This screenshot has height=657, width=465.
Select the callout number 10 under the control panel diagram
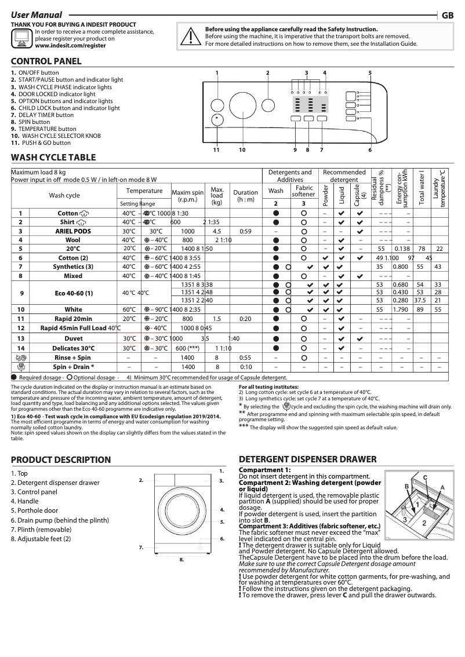pyautogui.click(x=242, y=150)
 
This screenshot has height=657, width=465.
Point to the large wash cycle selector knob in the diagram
pyautogui.click(x=241, y=107)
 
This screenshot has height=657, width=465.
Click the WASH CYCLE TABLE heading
pyautogui.click(x=53, y=158)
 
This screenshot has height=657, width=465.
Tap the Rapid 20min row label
pyautogui.click(x=72, y=319)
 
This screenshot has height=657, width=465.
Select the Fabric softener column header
pyautogui.click(x=304, y=192)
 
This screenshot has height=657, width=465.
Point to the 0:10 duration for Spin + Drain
pyautogui.click(x=246, y=367)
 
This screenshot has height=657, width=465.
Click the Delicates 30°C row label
pyautogui.click(x=72, y=348)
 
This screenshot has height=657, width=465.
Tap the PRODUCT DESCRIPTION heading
pyautogui.click(x=61, y=460)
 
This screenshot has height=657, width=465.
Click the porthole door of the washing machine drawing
pyautogui.click(x=180, y=513)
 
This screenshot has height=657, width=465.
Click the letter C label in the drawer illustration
pyautogui.click(x=424, y=477)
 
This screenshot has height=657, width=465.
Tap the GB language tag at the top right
pyautogui.click(x=448, y=16)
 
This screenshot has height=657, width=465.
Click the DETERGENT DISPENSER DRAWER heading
pyautogui.click(x=308, y=459)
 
